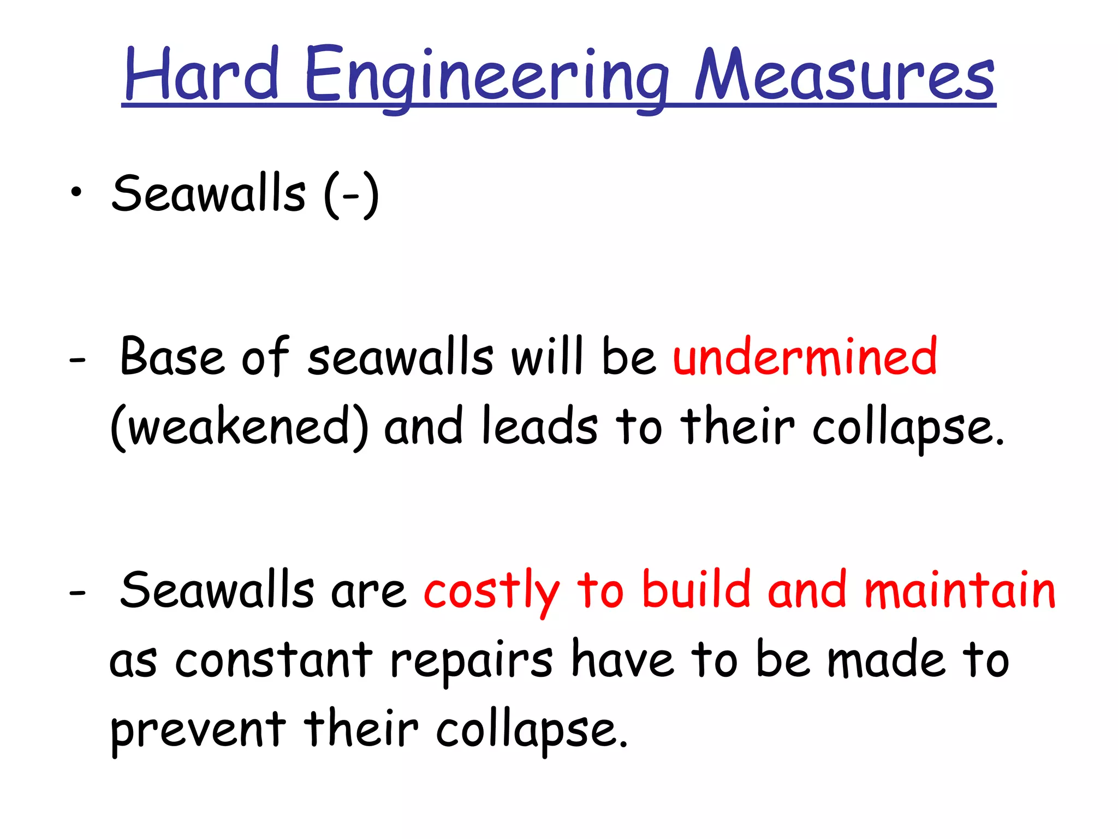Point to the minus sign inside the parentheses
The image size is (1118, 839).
(351, 195)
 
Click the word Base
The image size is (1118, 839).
(172, 357)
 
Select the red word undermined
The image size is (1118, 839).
(805, 357)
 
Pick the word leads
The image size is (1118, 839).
(540, 426)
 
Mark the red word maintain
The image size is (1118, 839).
(960, 590)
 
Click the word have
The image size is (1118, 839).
(622, 660)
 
